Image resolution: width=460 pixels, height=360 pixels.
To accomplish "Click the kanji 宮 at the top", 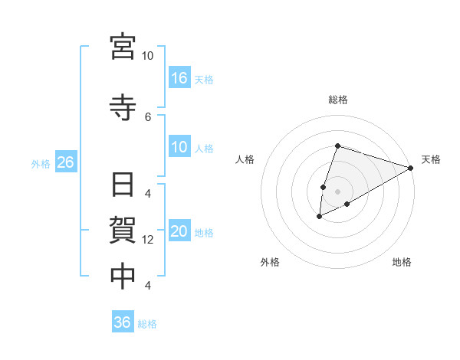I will pos(123,47).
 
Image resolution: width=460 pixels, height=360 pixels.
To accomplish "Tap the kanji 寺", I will pos(123,106).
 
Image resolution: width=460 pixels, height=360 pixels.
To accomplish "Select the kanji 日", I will pos(123,186).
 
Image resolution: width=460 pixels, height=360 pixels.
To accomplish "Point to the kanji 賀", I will pos(123,231).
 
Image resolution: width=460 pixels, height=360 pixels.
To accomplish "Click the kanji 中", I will pos(123,277).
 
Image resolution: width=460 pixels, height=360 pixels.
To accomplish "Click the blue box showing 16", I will pos(179,78).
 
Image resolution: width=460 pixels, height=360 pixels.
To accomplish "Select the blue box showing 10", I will pos(179,148).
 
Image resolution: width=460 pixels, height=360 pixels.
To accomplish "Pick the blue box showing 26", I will pos(65,162).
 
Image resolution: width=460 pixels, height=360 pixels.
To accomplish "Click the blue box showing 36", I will pos(123,322).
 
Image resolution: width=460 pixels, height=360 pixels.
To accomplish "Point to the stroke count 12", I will pos(148,240).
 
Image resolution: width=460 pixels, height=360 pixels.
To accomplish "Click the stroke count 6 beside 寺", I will pos(148,116).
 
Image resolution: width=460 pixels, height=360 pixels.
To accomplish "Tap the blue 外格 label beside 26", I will pos(41,163).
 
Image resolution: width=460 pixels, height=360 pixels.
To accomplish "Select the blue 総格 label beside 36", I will pos(147,324).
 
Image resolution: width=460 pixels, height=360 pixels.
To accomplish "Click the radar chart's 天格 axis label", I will pos(431,159).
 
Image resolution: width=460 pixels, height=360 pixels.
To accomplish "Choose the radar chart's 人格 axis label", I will pos(245,159).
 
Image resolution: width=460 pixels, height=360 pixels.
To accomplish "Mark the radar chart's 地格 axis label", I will pos(402,263).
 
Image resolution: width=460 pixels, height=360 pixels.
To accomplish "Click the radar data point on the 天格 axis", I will pos(411,168).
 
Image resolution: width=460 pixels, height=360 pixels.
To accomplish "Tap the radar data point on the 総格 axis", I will pos(337,146).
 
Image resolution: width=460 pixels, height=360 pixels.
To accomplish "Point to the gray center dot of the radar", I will pos(337,191).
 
